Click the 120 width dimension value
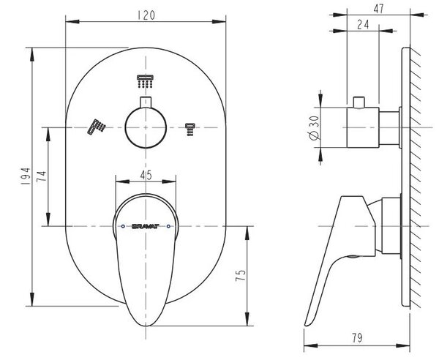pyautogui.click(x=146, y=15)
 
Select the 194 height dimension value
pyautogui.click(x=26, y=176)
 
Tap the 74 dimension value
pyautogui.click(x=42, y=176)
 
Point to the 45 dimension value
pyautogui.click(x=146, y=175)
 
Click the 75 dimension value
pyautogui.click(x=241, y=275)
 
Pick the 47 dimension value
pyautogui.click(x=378, y=9)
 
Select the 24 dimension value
pyautogui.click(x=363, y=24)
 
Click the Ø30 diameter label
pyautogui.click(x=314, y=127)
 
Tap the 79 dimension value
pyautogui.click(x=357, y=338)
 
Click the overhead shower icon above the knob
pyautogui.click(x=145, y=81)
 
